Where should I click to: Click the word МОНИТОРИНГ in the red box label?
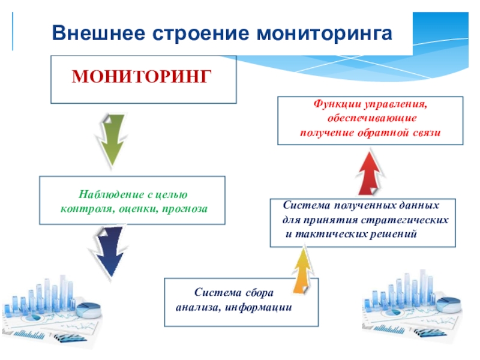click(x=142, y=76)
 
